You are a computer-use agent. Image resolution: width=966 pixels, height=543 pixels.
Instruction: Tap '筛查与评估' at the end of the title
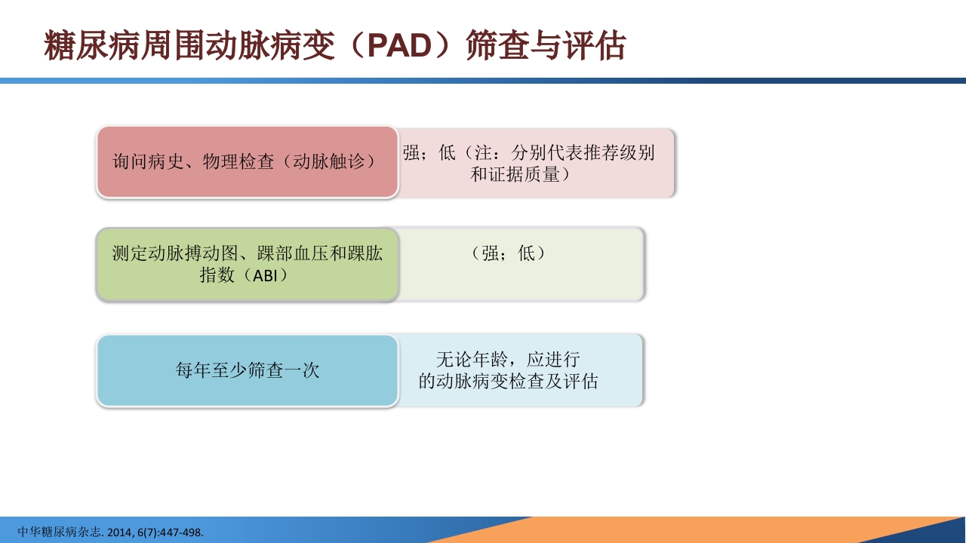[546, 46]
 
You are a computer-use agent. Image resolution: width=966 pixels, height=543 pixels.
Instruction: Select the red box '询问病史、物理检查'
[247, 162]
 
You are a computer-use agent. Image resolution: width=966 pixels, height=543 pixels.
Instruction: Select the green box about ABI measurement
[247, 264]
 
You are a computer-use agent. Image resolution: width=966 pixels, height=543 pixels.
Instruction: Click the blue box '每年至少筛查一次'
[247, 370]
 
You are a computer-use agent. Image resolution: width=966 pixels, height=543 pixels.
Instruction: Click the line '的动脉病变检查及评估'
[509, 382]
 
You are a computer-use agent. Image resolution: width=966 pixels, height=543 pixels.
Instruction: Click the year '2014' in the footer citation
[119, 532]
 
